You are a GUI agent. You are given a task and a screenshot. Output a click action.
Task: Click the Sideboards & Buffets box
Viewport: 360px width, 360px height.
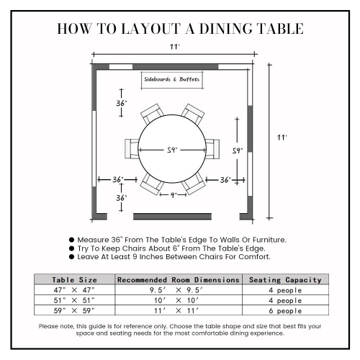pos(171,78)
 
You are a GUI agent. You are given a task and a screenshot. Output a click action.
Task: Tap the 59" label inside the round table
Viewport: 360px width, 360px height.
pos(172,150)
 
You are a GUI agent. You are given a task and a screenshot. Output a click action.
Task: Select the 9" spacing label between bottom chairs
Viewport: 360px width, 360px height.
pos(173,194)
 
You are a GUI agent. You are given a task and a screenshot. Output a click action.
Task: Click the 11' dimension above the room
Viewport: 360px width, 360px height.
pos(174,47)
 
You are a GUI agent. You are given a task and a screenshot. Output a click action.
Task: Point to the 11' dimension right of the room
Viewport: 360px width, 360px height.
pos(283,137)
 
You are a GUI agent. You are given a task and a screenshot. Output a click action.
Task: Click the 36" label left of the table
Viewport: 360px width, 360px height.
pos(117,179)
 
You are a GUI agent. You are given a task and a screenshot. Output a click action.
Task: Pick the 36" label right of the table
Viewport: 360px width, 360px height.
pos(225,179)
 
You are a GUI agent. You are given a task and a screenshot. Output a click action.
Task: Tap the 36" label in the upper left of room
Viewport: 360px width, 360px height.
pos(122,104)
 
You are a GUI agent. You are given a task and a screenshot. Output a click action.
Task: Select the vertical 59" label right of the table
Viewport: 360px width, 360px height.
pos(237,150)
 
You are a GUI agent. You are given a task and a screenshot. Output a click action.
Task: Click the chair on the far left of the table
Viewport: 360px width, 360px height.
pos(132,148)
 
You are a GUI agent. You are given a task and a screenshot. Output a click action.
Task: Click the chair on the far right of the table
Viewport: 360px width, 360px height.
pos(212,148)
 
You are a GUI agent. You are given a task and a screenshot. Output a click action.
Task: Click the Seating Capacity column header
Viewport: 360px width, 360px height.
pos(286,279)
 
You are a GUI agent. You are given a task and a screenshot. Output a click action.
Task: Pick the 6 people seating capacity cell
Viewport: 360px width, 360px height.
pos(286,310)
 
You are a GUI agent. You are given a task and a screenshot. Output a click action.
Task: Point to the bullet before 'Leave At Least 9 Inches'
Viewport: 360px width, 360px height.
pos(71,256)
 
